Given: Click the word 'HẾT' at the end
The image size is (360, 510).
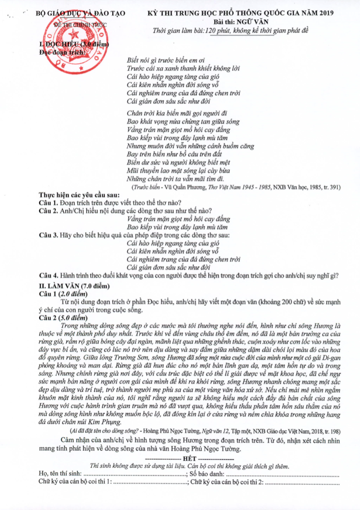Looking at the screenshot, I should click(x=190, y=459).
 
